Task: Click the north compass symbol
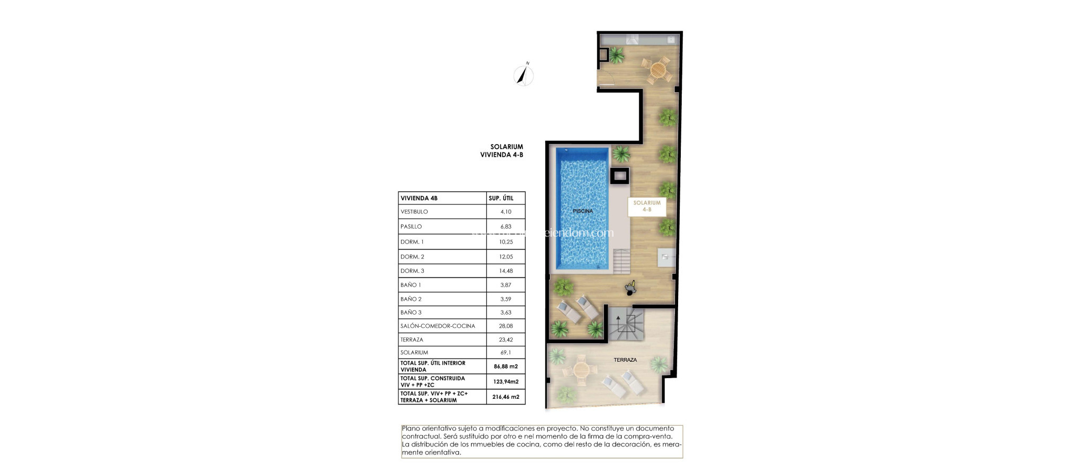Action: point(523,75)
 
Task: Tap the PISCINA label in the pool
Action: point(582,211)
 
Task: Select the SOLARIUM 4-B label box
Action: point(646,206)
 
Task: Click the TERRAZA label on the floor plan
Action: point(625,360)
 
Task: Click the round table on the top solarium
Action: point(657,69)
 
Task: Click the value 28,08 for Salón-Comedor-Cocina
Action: point(505,326)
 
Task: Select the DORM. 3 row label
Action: point(412,271)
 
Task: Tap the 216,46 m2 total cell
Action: point(505,397)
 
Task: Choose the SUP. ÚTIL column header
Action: point(501,198)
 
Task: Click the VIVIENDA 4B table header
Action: point(419,198)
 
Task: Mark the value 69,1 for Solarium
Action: point(505,353)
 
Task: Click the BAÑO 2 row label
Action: point(411,299)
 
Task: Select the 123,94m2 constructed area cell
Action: point(505,381)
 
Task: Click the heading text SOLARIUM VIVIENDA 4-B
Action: point(502,151)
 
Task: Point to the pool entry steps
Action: point(621,260)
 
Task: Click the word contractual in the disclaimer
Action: point(421,436)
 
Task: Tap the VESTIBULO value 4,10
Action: point(505,212)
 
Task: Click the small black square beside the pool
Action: point(619,175)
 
